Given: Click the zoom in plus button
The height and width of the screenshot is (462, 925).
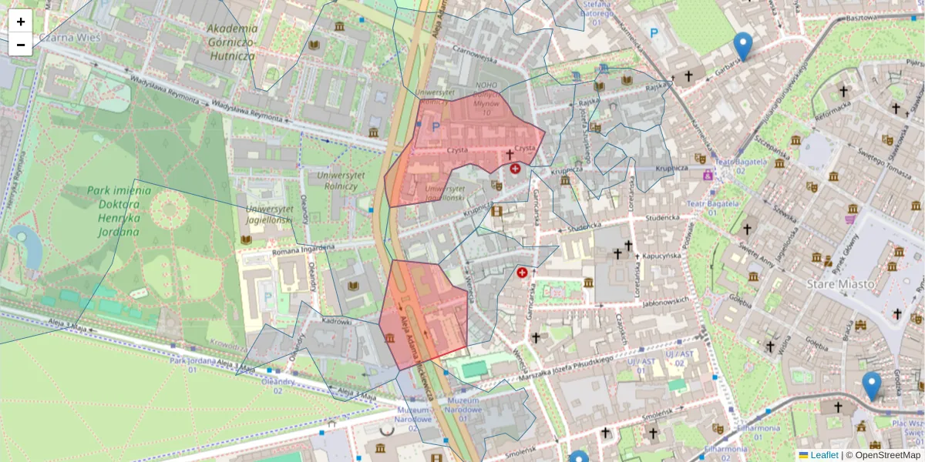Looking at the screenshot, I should click(x=21, y=22).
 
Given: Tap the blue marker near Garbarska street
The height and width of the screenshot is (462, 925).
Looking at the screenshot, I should click(x=742, y=47).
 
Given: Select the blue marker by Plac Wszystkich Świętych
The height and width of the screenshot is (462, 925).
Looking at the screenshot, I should click(x=872, y=386).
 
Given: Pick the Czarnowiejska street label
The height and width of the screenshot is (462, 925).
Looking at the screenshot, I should click(x=473, y=55).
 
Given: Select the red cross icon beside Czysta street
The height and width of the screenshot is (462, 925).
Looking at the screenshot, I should click(x=515, y=168).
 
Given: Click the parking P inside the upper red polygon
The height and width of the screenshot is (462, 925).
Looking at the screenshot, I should click(x=436, y=127).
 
